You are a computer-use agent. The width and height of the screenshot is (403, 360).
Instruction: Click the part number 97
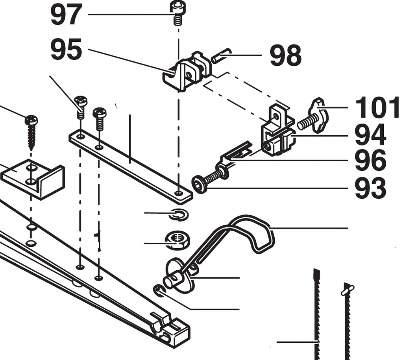point(66,15)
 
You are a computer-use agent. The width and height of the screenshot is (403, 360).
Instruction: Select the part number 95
point(66,50)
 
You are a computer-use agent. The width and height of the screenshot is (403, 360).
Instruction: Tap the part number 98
point(285,55)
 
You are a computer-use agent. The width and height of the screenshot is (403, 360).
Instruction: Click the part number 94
point(370,135)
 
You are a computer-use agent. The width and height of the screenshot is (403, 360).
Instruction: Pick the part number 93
point(370,188)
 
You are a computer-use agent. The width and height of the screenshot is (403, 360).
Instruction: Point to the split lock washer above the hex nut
point(178,214)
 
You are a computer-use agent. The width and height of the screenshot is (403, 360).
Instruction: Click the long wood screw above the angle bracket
point(31,132)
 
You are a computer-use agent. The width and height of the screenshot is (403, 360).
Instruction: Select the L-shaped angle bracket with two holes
point(33,178)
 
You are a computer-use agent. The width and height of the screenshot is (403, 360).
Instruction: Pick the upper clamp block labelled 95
point(187,71)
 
